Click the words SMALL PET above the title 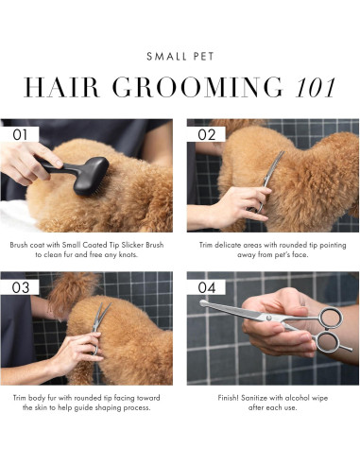[x=180, y=57]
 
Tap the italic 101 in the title [x=316, y=87]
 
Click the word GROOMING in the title [x=197, y=87]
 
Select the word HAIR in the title [x=61, y=87]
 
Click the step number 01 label [x=20, y=134]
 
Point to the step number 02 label [x=207, y=134]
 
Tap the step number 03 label [x=21, y=287]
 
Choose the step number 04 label [x=207, y=287]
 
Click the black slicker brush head [x=92, y=176]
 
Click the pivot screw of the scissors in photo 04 [x=268, y=317]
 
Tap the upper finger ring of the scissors [x=329, y=317]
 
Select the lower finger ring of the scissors [x=327, y=343]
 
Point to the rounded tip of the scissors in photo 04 [x=203, y=302]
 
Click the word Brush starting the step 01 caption [x=19, y=245]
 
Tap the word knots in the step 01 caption [x=129, y=254]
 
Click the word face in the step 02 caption [x=300, y=254]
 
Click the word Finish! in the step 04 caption [x=228, y=398]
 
